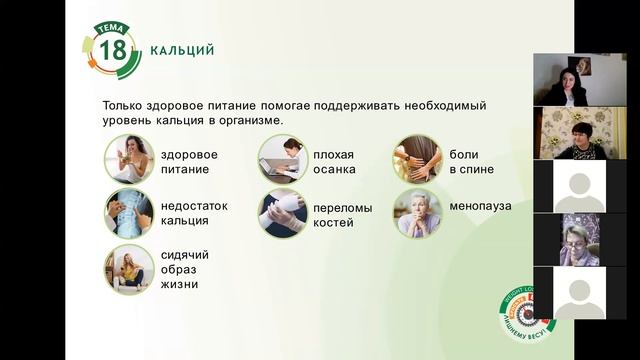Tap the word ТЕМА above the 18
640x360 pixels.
pyautogui.click(x=112, y=29)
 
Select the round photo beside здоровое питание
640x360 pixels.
pyautogui.click(x=129, y=159)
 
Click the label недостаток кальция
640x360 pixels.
pyautogui.click(x=194, y=213)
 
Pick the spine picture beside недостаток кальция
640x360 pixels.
pyautogui.click(x=129, y=213)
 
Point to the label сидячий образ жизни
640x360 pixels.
pyautogui.click(x=185, y=269)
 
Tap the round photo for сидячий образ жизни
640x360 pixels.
pyautogui.click(x=129, y=269)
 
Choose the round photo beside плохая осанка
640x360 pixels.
pyautogui.click(x=282, y=159)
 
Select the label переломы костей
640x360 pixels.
pyautogui.click(x=342, y=215)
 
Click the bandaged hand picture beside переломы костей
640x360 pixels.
pyautogui.click(x=282, y=213)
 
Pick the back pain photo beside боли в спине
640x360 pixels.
pyautogui.click(x=416, y=159)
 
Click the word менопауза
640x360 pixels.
pyautogui.click(x=480, y=206)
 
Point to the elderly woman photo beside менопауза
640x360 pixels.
pyautogui.click(x=416, y=213)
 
